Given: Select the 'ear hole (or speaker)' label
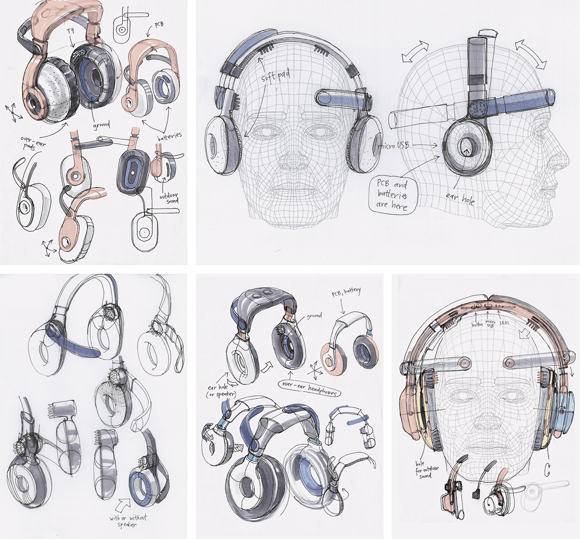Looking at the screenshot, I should coord(223,391).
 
